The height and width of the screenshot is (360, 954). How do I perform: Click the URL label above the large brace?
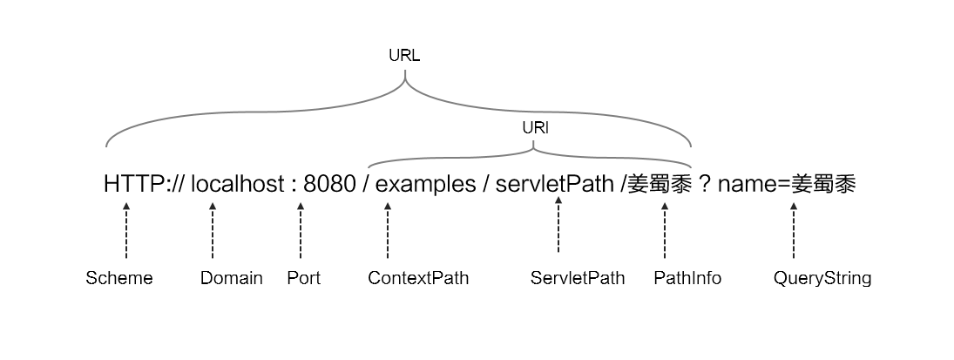point(404,56)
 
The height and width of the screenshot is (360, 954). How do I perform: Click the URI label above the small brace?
point(535,127)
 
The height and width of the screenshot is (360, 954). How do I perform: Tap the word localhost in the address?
point(237,185)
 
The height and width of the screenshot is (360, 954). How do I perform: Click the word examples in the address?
point(425,185)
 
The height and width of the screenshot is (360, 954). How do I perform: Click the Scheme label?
point(119,279)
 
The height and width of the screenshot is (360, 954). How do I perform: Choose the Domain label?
point(232,279)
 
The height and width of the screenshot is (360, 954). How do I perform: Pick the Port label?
point(303,279)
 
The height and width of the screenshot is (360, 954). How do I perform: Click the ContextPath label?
point(418,279)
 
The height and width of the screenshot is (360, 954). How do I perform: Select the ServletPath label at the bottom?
point(578,279)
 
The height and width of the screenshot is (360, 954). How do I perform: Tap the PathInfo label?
point(687,279)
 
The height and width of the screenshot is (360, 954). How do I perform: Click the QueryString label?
point(822,279)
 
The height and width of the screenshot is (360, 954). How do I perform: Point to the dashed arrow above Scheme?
point(126,231)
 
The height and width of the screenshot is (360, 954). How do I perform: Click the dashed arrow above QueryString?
point(794,231)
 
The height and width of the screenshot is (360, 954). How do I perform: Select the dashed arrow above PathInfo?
point(665,231)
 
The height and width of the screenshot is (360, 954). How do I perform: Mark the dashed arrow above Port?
point(301,231)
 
